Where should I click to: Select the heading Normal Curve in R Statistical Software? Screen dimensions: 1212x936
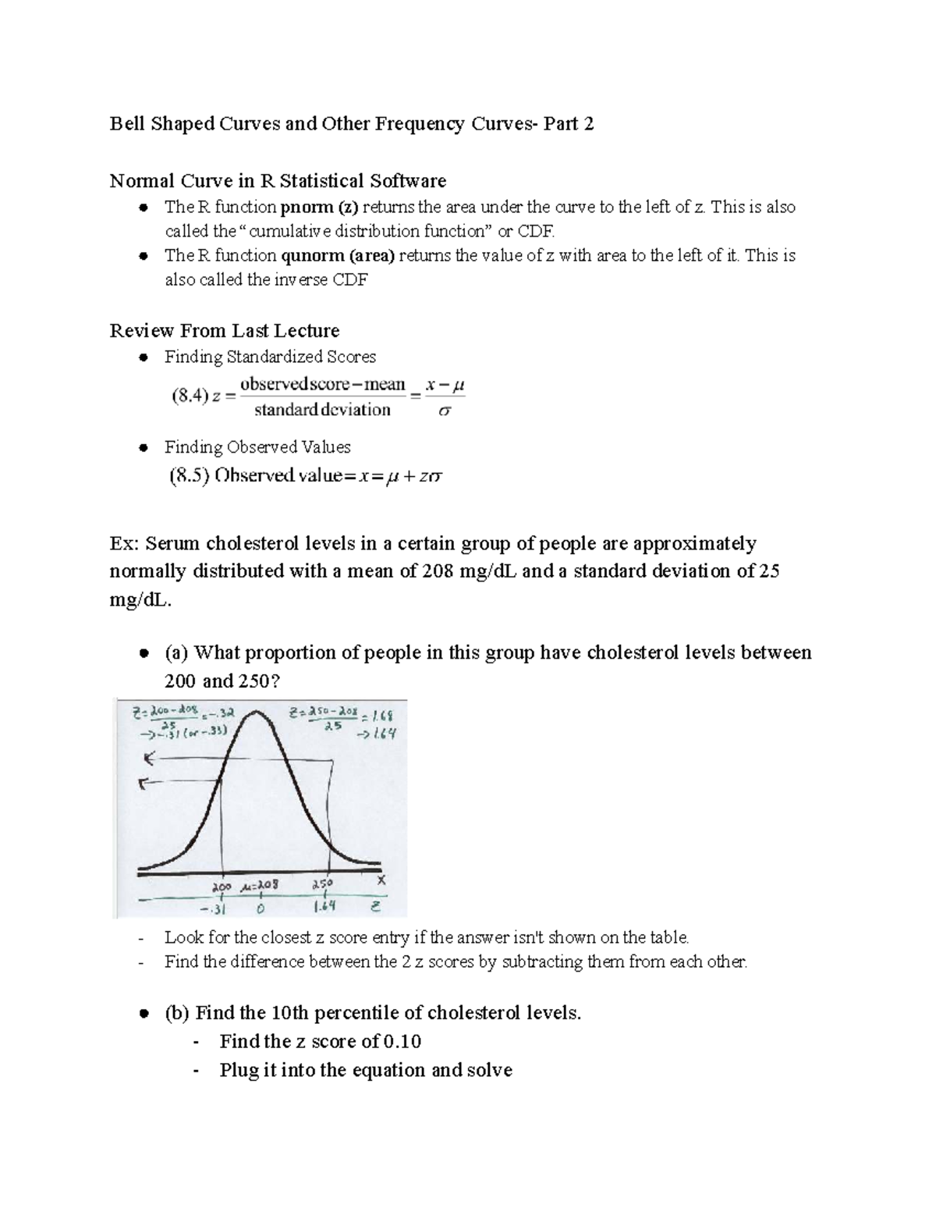(278, 181)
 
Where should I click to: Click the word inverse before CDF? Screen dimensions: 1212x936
(301, 279)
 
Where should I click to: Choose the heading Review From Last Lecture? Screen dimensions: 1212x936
(225, 330)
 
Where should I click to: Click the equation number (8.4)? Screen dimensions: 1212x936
(190, 396)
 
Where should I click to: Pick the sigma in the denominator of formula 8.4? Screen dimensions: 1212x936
(444, 411)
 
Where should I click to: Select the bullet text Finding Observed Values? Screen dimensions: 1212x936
(257, 447)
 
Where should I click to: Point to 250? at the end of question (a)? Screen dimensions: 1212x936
(254, 681)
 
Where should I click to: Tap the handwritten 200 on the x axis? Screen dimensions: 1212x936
(223, 887)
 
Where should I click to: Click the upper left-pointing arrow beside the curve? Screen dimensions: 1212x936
(148, 758)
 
